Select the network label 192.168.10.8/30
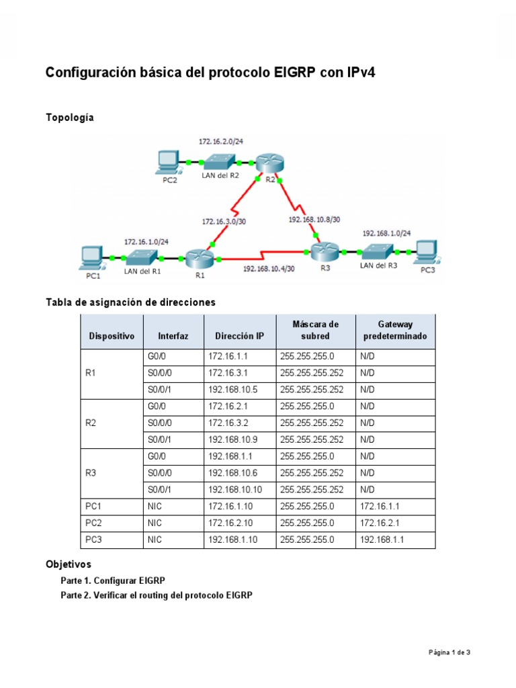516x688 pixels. pos(314,218)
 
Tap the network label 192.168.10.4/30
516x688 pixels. pos(269,268)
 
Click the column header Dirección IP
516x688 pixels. pos(239,335)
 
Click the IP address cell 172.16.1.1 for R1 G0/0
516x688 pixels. pos(228,355)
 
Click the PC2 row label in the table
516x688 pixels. pos(93,523)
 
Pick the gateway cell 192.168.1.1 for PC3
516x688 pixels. pos(382,540)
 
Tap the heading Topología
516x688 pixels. pos(70,118)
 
